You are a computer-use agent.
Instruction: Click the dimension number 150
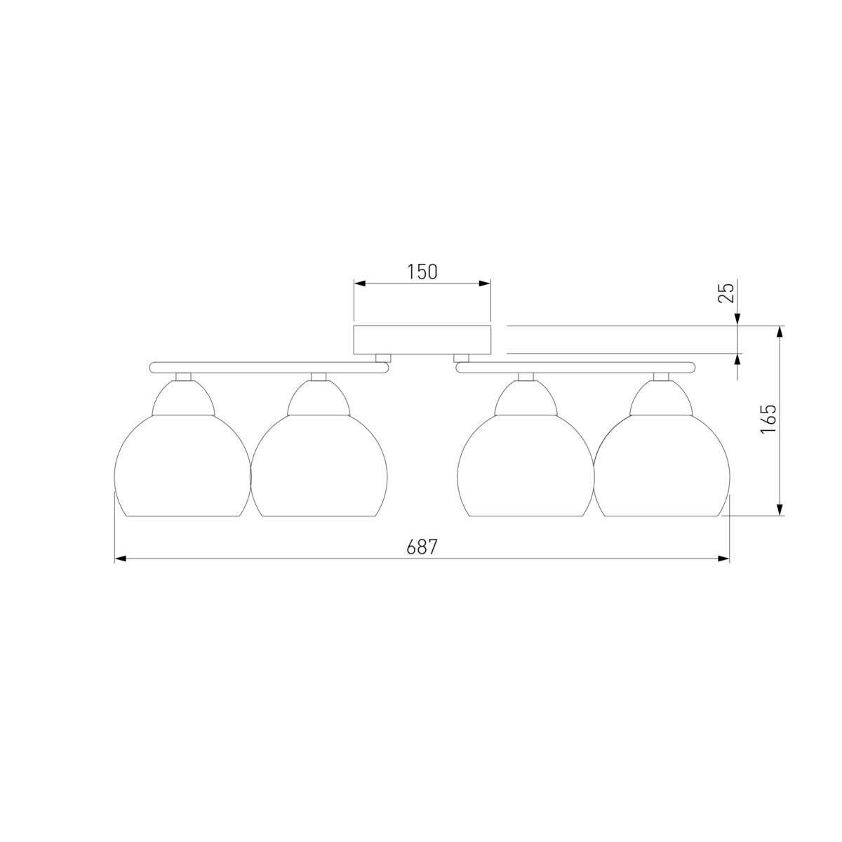point(422,272)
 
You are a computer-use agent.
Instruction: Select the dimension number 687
point(422,547)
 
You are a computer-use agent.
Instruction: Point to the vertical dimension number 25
point(726,293)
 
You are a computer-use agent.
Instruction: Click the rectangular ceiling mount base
point(422,340)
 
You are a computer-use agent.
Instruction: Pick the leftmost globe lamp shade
point(182,465)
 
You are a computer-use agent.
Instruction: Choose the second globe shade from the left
point(319,465)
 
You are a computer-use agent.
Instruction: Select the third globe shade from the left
point(526,465)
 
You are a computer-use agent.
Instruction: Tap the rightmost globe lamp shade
point(662,465)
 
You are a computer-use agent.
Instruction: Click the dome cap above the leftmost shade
point(184,398)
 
